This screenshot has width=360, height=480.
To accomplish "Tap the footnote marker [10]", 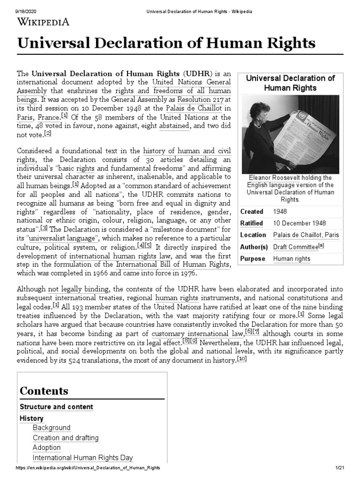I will pos(241,359).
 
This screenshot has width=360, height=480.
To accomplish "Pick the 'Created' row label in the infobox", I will pos(252,211).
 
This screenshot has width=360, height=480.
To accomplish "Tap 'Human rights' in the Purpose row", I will pos(292,258).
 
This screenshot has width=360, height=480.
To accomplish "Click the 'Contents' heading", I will pos(44,390).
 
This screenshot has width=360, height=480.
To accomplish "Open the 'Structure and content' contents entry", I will pos(56,407).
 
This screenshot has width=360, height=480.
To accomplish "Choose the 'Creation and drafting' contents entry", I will pos(66,438).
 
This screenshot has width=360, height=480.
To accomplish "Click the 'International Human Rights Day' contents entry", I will pos(83,457).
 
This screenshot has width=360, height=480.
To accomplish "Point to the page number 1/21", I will pos(339,468).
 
